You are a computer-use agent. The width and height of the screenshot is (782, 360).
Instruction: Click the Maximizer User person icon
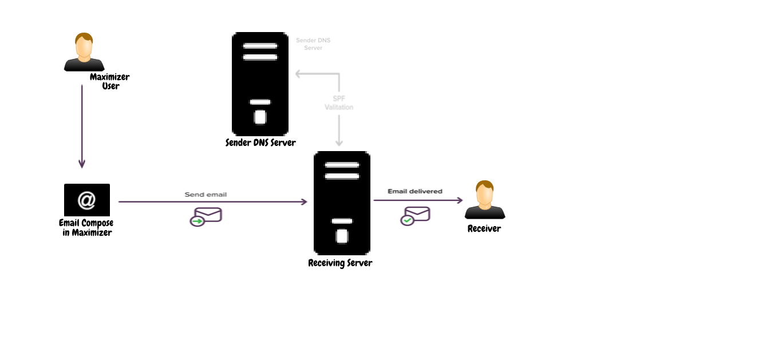[x=84, y=52]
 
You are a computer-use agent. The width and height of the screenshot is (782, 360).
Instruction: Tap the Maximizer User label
[x=110, y=81]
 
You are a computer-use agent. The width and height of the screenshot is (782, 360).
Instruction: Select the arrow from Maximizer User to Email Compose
[x=82, y=126]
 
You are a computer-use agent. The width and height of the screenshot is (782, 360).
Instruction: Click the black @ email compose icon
[x=86, y=200]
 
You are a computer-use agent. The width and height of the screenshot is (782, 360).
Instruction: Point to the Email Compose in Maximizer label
[x=86, y=228]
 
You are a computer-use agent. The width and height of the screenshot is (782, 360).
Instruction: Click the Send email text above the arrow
[x=206, y=195]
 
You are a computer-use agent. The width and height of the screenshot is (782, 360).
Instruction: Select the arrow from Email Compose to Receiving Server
[x=212, y=202]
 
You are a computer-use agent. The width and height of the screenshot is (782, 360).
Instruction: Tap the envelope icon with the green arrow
[x=206, y=216]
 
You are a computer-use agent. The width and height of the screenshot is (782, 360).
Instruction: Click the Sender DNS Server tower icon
[x=260, y=84]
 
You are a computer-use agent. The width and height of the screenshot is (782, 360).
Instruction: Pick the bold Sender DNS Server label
[x=260, y=143]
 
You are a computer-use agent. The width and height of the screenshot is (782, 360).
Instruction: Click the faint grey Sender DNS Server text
[x=313, y=44]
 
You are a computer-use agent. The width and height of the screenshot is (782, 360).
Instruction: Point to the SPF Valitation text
[x=339, y=103]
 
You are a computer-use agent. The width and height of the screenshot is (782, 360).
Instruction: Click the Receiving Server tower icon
[x=342, y=203]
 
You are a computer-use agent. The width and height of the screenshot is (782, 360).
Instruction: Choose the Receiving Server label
[x=340, y=263]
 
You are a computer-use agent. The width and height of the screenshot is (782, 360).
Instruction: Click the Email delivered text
[x=415, y=191]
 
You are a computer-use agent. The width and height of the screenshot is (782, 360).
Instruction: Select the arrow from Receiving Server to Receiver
[x=418, y=200]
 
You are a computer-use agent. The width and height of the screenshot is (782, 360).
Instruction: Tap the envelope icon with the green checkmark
[x=415, y=216]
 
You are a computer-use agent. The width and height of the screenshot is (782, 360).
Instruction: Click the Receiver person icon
[x=485, y=200]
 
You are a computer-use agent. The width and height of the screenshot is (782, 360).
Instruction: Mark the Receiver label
[x=484, y=228]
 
